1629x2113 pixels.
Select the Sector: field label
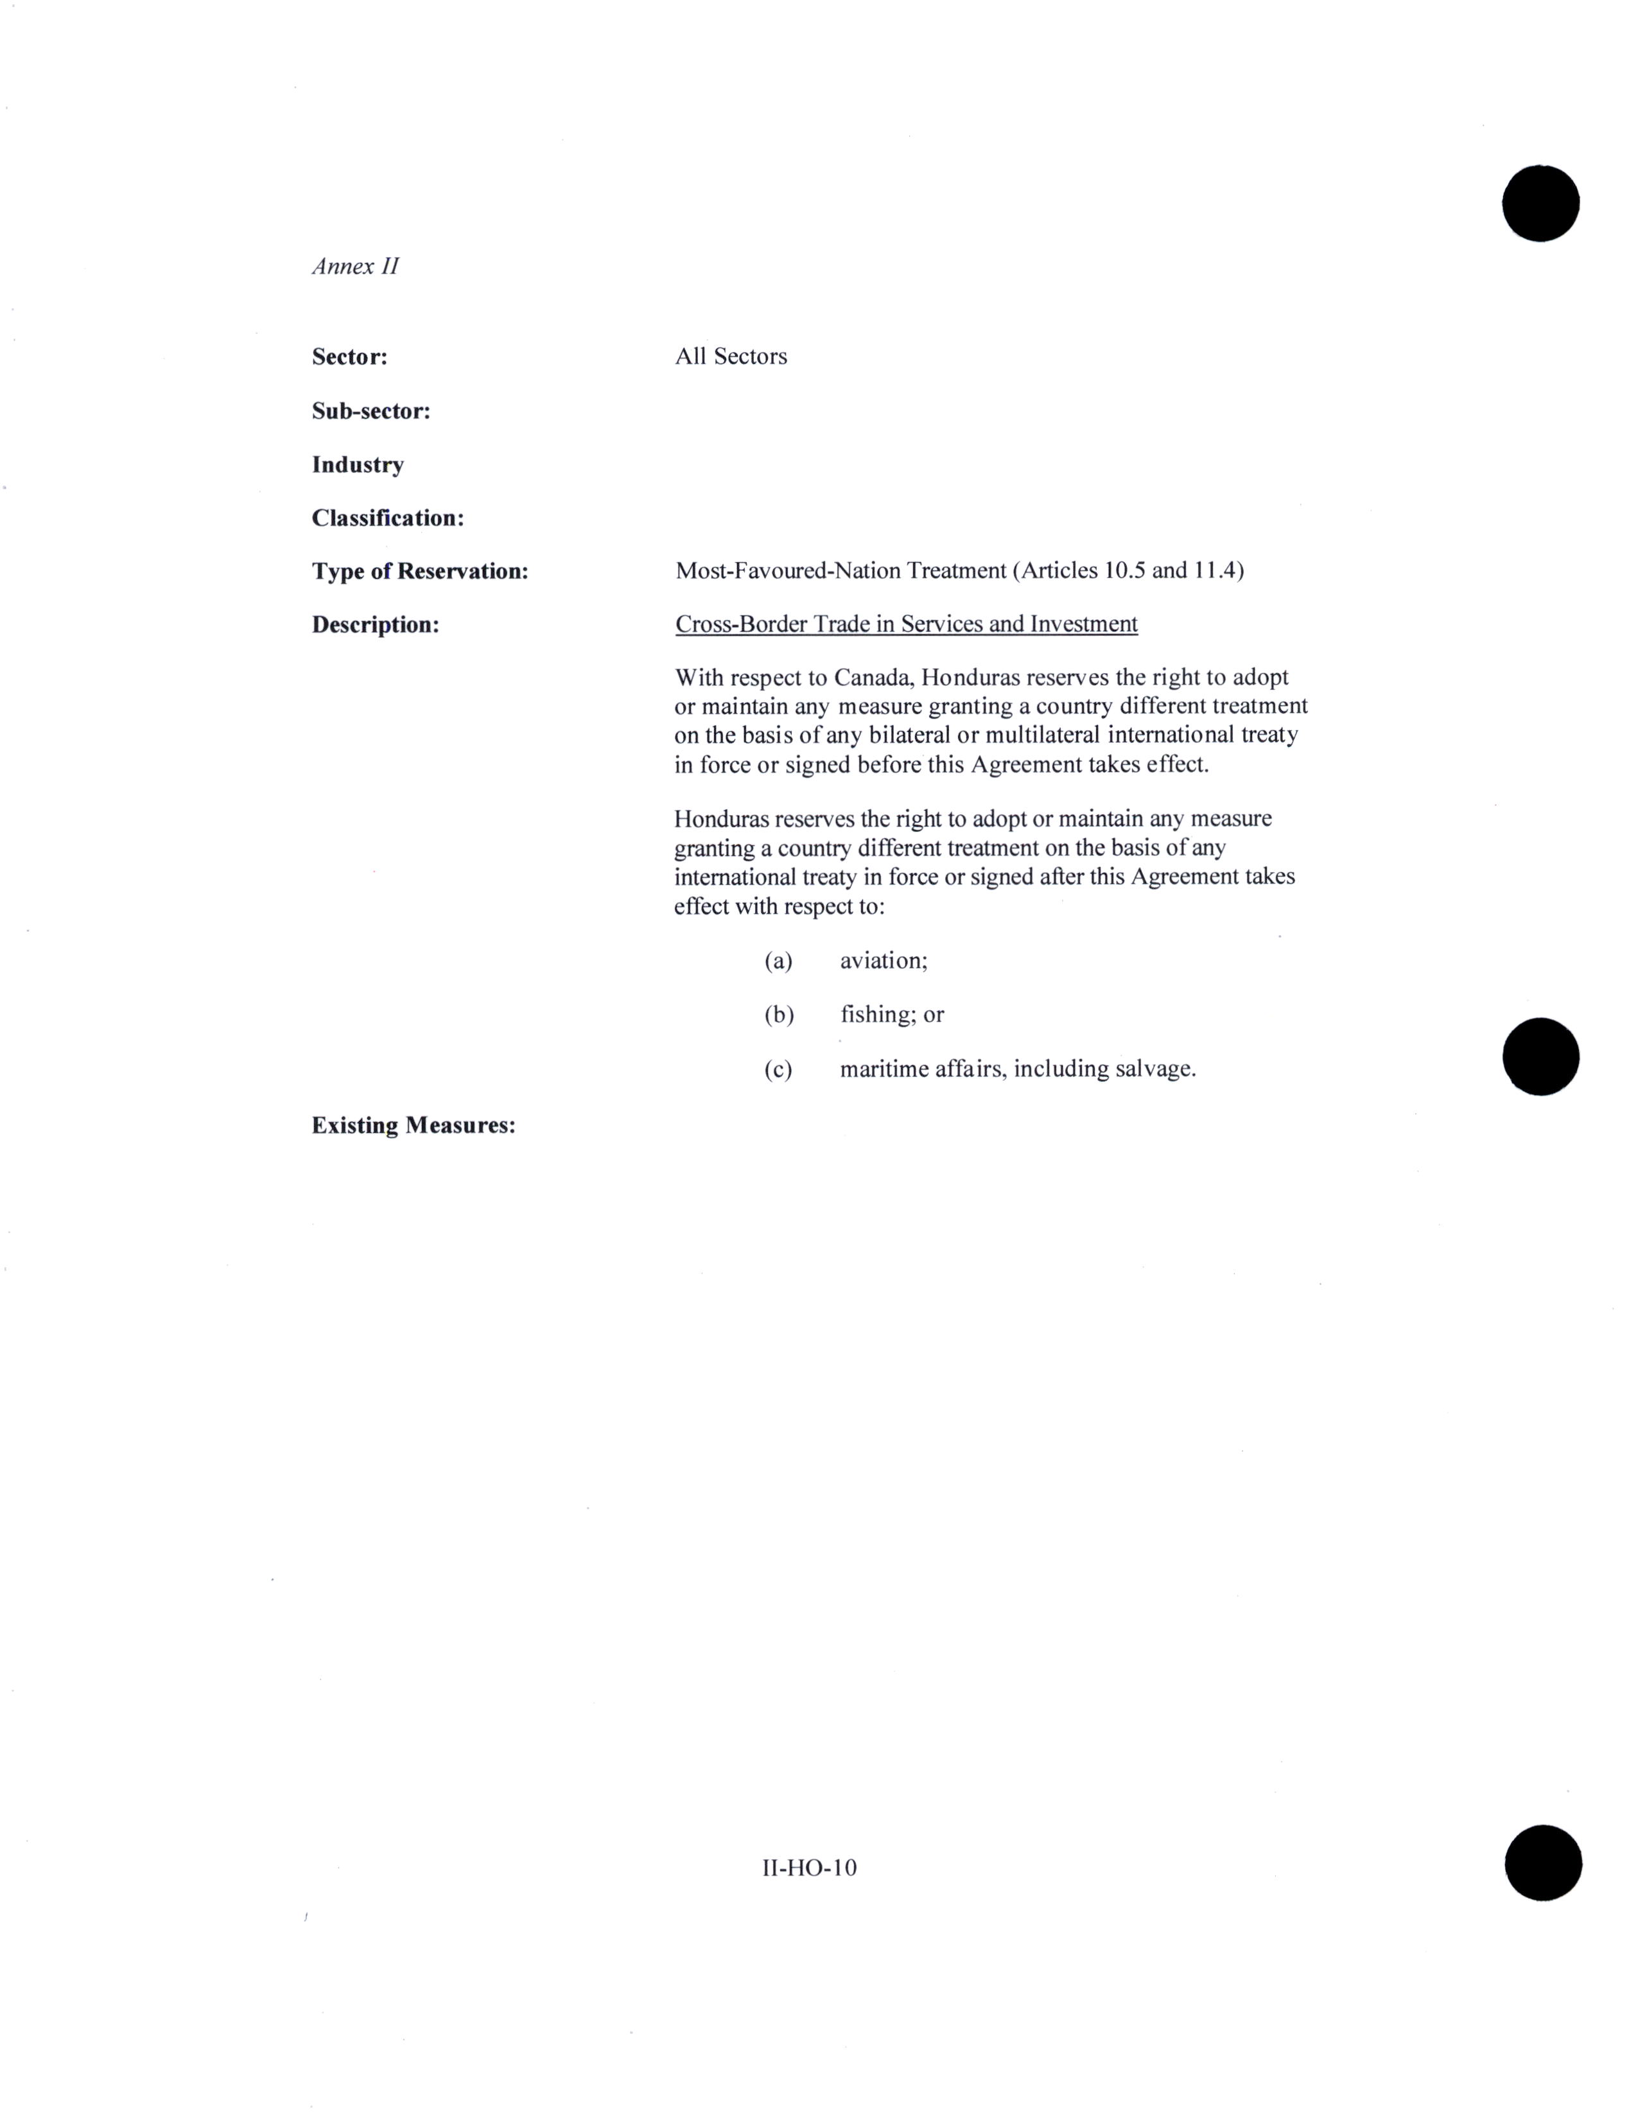[x=349, y=357]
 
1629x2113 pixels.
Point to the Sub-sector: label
[x=370, y=411]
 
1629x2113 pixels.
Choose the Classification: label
[x=388, y=518]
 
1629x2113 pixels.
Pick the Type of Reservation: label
[x=420, y=571]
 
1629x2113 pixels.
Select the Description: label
[x=376, y=625]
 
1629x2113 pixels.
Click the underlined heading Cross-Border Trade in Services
[x=905, y=624]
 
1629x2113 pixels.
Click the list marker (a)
[x=778, y=961]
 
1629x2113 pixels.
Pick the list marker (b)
[x=779, y=1014]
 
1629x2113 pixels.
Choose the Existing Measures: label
[x=413, y=1125]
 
